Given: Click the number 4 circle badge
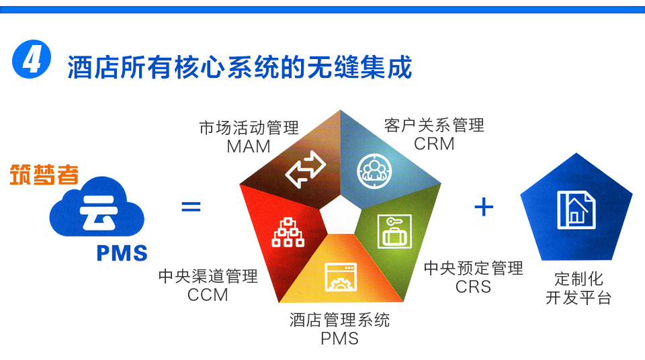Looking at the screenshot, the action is (32, 59).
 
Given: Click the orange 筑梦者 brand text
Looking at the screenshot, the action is (44, 175).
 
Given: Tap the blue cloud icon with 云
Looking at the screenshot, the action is (97, 208).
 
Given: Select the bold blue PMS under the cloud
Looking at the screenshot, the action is (122, 253).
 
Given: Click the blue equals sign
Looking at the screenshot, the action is (191, 207).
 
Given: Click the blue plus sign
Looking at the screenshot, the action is (484, 207).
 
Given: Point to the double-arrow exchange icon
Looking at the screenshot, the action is (306, 169).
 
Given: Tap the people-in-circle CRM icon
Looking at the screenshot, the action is (374, 171).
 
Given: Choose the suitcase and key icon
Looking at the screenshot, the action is (395, 232).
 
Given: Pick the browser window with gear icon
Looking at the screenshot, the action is (341, 277).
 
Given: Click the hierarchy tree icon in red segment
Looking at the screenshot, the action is (288, 232).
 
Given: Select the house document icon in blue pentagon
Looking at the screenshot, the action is (576, 210).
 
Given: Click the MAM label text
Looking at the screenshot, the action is (249, 146).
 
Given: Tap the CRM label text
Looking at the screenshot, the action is (434, 144).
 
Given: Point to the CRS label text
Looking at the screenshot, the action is (473, 287).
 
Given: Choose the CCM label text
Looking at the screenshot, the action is (208, 295).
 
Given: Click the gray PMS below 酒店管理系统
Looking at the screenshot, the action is (339, 339).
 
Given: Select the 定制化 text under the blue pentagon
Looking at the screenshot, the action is (578, 279).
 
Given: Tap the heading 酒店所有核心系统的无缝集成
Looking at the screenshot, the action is (239, 67).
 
